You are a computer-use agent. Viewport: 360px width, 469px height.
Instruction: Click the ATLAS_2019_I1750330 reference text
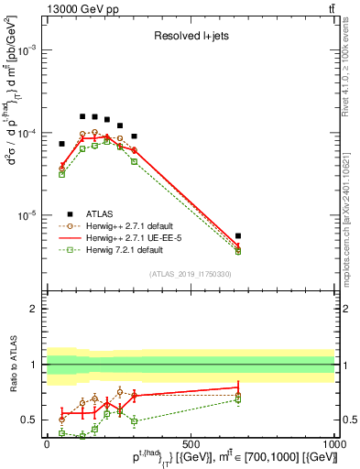(190, 274)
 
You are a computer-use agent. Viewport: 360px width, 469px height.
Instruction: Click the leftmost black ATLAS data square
(62, 144)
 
